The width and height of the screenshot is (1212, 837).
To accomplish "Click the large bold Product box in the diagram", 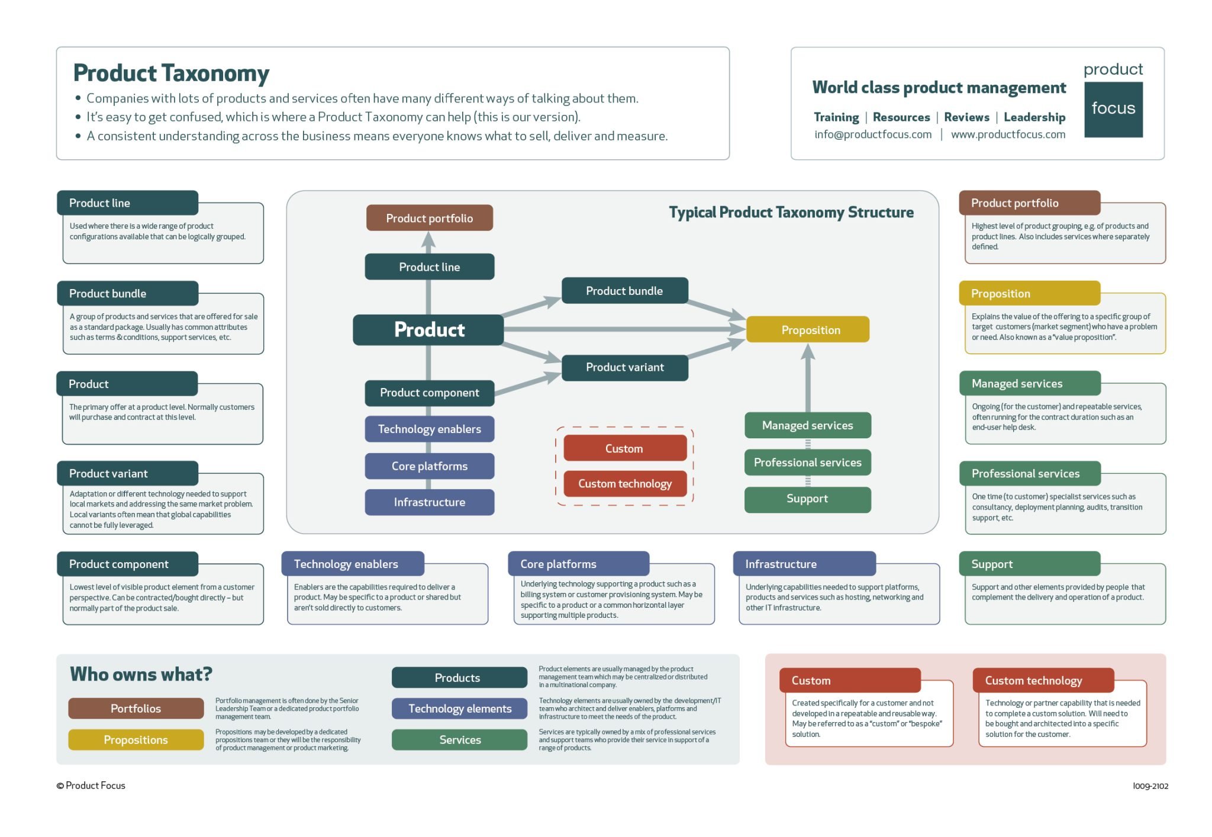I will [x=428, y=329].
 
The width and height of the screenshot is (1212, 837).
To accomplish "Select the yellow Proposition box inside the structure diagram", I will [x=808, y=329].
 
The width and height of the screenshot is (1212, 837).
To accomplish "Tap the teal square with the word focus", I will [x=1113, y=109].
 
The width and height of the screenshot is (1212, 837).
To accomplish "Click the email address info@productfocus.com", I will [x=873, y=134].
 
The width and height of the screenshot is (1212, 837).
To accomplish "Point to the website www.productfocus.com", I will [x=1008, y=134].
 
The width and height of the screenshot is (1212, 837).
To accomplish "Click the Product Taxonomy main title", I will [x=171, y=73].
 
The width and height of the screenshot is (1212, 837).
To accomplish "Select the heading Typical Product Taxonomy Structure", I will [x=791, y=212].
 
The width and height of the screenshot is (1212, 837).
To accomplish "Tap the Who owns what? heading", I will [x=141, y=674].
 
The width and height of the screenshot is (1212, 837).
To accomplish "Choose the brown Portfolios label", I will [x=136, y=708].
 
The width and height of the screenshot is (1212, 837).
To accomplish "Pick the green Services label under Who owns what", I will [x=459, y=740].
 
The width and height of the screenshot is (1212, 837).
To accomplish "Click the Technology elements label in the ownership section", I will [x=459, y=708].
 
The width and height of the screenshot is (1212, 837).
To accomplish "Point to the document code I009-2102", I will [x=1150, y=786].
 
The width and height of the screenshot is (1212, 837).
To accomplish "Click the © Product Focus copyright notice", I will [x=91, y=785].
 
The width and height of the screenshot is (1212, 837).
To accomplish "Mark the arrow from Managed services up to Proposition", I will [x=808, y=379].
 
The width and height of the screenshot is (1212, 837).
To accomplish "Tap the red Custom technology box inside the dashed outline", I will [x=624, y=484].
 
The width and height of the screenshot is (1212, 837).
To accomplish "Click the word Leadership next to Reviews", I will [x=1034, y=117].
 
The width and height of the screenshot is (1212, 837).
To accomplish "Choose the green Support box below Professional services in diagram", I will [x=807, y=499].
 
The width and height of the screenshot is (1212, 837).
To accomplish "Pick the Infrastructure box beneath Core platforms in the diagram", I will [x=429, y=502].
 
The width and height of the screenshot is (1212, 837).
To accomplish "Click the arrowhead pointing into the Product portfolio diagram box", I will [x=428, y=240].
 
